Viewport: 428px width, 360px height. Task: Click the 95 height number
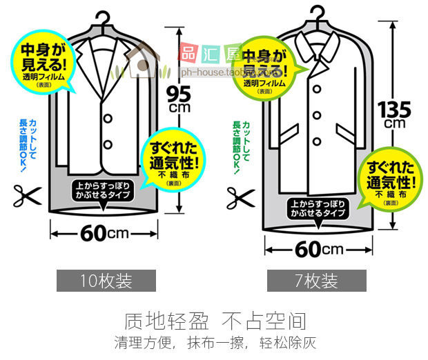[181, 91]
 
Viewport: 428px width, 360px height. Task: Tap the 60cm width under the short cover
[104, 232]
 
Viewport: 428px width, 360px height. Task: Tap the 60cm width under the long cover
[320, 248]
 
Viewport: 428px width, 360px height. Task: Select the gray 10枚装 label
[106, 281]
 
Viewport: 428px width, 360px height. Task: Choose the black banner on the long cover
[318, 209]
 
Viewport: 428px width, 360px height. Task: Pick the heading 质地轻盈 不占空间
[215, 321]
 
